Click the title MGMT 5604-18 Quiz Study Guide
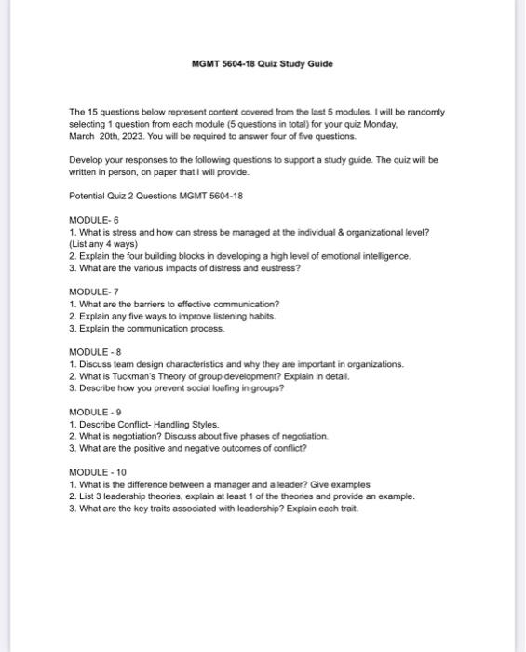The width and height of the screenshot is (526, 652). pyautogui.click(x=262, y=63)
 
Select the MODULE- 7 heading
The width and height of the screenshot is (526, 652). pyautogui.click(x=88, y=292)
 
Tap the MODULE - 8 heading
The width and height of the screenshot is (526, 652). pyautogui.click(x=90, y=351)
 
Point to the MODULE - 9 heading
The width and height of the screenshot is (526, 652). pyautogui.click(x=90, y=412)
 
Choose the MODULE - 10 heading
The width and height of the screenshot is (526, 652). pyautogui.click(x=92, y=472)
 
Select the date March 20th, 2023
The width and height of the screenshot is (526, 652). pyautogui.click(x=101, y=135)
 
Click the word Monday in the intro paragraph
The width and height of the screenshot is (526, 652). pyautogui.click(x=380, y=123)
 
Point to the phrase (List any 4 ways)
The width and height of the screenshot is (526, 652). pyautogui.click(x=103, y=243)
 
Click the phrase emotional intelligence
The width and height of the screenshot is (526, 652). pyautogui.click(x=364, y=255)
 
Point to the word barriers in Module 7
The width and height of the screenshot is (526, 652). pyautogui.click(x=149, y=304)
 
